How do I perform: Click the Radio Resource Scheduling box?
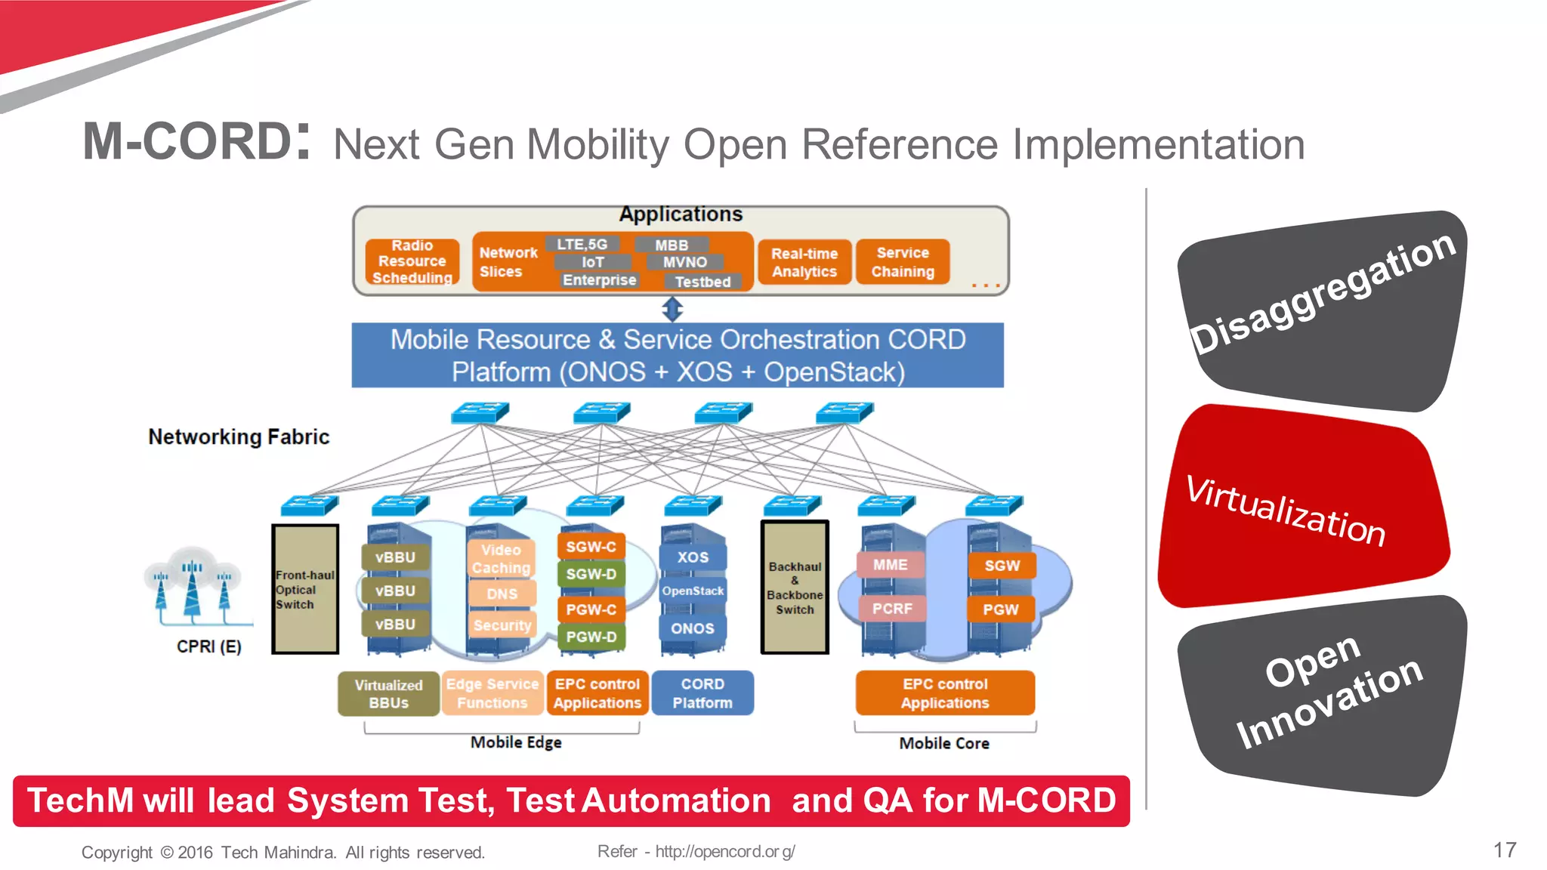coord(412,261)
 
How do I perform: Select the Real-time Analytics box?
coord(804,262)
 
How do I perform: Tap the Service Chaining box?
coord(903,261)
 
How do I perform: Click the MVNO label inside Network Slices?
coord(684,262)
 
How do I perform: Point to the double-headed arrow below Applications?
coord(672,309)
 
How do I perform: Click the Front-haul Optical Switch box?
coord(305,589)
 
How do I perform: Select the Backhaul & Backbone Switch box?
coord(795,587)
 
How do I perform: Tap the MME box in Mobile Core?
coord(890,564)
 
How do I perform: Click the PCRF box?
coord(892,608)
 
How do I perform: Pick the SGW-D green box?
coord(591,574)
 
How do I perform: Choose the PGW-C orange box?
coord(591,609)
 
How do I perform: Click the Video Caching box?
coord(501,558)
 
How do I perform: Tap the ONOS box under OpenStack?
coord(692,628)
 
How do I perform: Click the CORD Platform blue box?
coord(702,693)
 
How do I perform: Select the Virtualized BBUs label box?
coord(388,693)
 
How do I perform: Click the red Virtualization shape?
coord(1299,506)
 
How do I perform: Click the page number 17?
coord(1504,850)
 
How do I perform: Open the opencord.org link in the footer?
coord(724,851)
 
